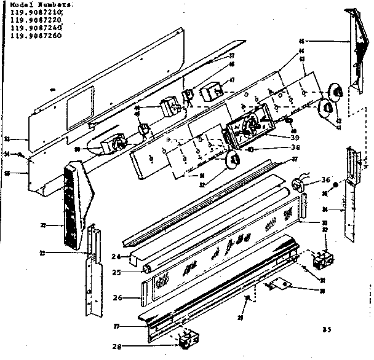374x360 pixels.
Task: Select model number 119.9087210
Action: [36, 12]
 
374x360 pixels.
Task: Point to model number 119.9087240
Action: [36, 28]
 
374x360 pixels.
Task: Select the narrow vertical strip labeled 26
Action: [145, 293]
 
